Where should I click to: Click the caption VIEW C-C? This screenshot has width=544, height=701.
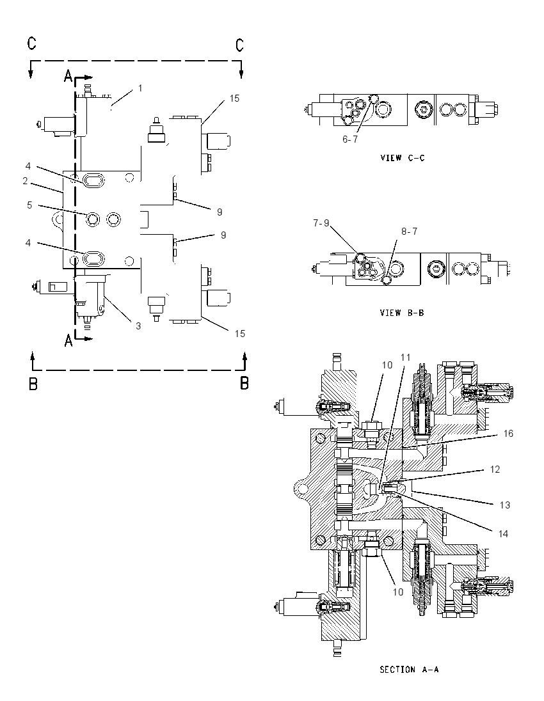[x=402, y=158]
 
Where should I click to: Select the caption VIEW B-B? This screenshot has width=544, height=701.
[x=402, y=313]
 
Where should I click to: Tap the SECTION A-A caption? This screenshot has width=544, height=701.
[x=409, y=669]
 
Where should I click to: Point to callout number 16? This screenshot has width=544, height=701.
[x=508, y=433]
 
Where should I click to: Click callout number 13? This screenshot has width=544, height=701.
[x=504, y=505]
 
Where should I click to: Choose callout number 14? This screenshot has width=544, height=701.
[x=503, y=534]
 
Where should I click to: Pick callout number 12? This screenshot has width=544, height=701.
[x=495, y=469]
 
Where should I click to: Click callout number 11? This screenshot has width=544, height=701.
[x=405, y=357]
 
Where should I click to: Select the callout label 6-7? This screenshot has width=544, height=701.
[x=350, y=139]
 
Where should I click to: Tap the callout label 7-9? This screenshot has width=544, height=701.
[x=321, y=223]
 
